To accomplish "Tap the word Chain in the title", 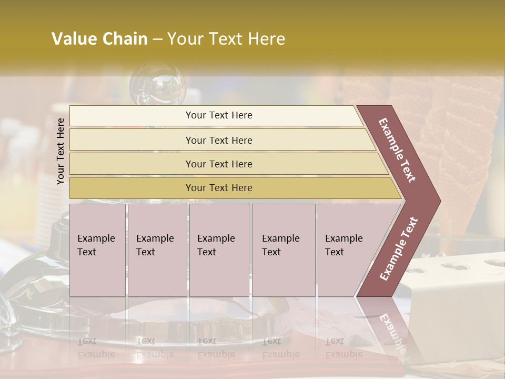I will [125, 39].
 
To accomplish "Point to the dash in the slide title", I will [157, 39].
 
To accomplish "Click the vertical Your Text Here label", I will [60, 151].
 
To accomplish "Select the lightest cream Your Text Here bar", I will [218, 116].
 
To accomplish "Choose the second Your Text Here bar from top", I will [218, 140].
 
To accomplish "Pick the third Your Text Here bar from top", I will [218, 164].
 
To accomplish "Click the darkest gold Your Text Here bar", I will [218, 188].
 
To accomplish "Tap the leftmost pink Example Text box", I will [97, 250].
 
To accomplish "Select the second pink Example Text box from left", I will [157, 250].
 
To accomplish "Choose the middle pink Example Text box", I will [219, 250].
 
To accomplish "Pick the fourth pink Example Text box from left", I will [283, 250].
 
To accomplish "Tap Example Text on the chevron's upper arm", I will [397, 151].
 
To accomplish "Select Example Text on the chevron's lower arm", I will [399, 248].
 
